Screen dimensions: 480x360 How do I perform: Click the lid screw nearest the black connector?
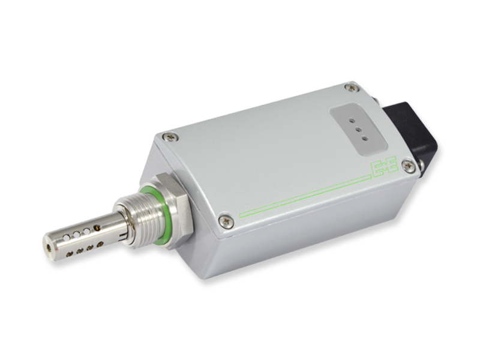352,88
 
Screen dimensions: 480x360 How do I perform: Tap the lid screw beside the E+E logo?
409,166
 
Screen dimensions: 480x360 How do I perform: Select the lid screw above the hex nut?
169,137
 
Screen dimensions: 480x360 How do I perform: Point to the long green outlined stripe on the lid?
305,196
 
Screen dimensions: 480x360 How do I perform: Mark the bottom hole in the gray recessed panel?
364,139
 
